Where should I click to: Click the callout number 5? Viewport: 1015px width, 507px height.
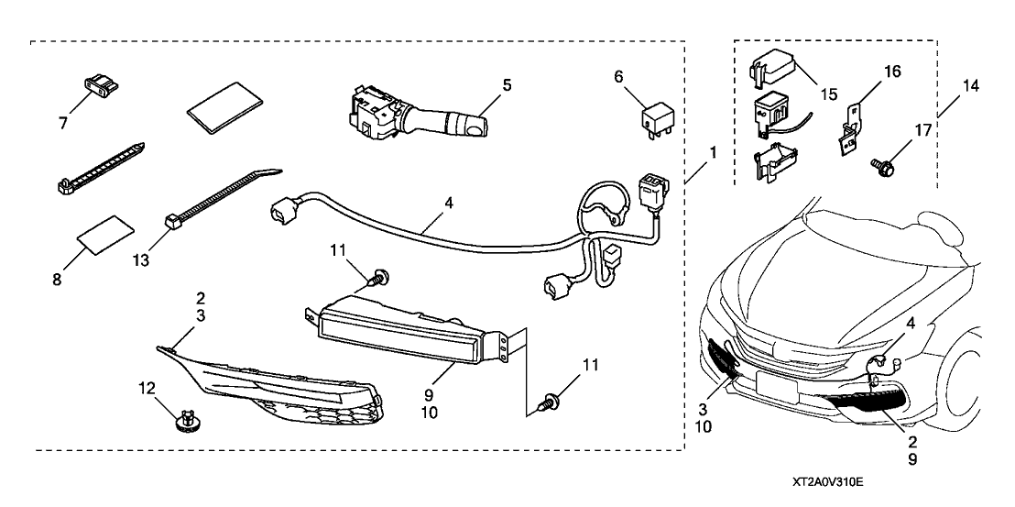[507, 85]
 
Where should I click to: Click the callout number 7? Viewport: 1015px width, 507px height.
[63, 122]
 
